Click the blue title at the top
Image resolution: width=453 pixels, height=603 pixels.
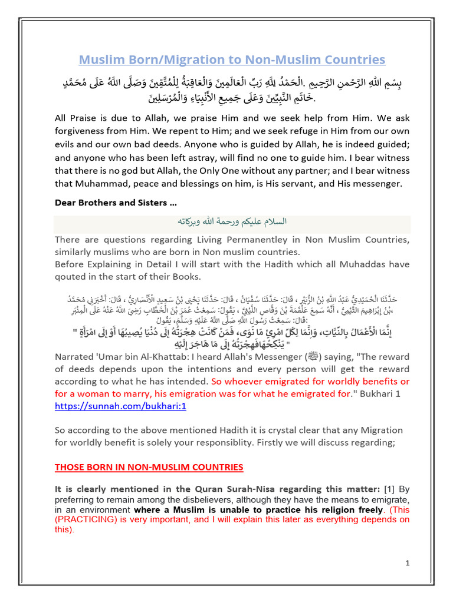tap(232, 60)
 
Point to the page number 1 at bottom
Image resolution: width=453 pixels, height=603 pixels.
tap(408, 564)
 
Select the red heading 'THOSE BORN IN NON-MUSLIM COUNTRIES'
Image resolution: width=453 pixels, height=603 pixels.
tap(149, 467)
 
